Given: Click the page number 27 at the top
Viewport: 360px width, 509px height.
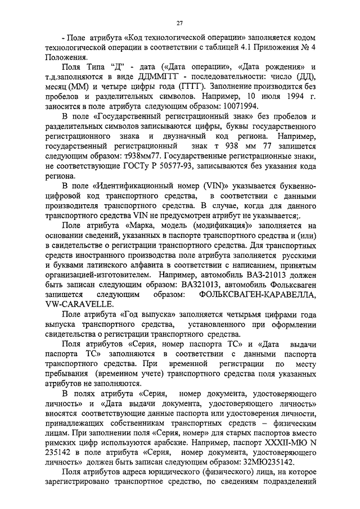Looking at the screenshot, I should [x=180, y=23].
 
